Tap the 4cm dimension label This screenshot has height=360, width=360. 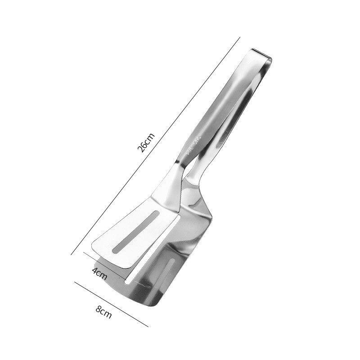pos(100,273)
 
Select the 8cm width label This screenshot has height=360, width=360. pos(104,311)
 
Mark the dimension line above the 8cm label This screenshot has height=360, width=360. pos(111,304)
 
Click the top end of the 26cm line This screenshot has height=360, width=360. pos(240,38)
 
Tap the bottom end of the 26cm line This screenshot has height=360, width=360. pos(72,255)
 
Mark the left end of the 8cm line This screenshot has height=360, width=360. pos(75,283)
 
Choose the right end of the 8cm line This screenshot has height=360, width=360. pos(148,326)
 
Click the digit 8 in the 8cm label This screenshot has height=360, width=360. pos(100,310)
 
